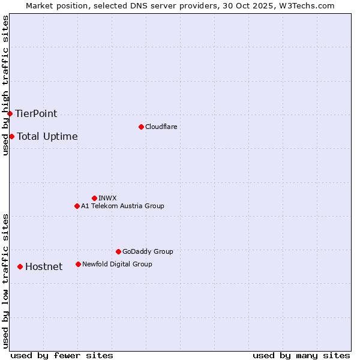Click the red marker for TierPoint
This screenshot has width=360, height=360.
[x=10, y=113]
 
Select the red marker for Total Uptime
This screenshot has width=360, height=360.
[x=11, y=136]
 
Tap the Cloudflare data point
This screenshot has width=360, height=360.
[x=141, y=127]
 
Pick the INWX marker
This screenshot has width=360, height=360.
[x=94, y=198]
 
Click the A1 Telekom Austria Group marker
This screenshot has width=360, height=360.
[x=77, y=206]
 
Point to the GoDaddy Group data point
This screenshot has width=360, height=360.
[x=118, y=251]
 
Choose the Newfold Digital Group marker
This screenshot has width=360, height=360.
[x=78, y=264]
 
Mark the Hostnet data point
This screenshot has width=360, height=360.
[x=20, y=266]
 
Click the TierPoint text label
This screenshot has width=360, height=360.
[x=36, y=113]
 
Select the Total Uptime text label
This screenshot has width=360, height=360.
[x=47, y=136]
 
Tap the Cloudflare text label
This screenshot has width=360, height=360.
[x=161, y=127]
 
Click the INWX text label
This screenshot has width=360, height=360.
[x=107, y=198]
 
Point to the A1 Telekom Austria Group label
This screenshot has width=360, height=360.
[x=122, y=206]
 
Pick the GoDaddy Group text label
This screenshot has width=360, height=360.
[x=148, y=251]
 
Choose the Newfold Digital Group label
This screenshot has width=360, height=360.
[x=117, y=264]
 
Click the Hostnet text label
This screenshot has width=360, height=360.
[x=44, y=266]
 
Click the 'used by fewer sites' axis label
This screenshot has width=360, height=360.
[x=62, y=355]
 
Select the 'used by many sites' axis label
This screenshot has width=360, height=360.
[x=301, y=355]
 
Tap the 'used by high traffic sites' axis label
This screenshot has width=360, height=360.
[x=5, y=85]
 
